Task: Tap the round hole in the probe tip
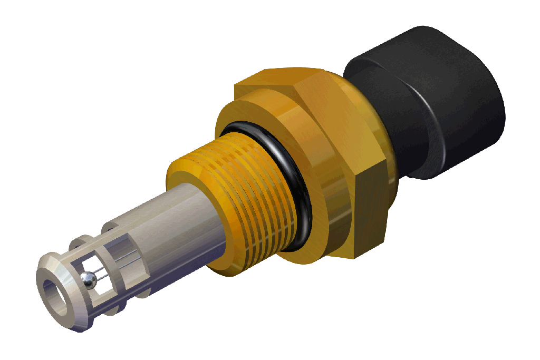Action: click(55, 295)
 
